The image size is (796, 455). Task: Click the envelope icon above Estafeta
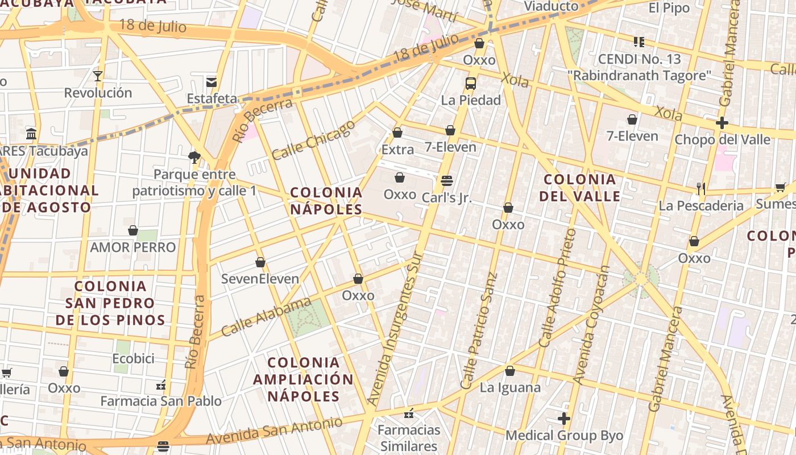[x=212, y=82]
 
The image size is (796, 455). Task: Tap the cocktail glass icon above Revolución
[x=98, y=76]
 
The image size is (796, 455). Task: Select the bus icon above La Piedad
[x=470, y=84]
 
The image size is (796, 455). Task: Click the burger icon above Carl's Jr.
[x=447, y=181]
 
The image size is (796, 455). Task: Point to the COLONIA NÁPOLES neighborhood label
[x=326, y=201]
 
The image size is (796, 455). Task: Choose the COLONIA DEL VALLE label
[x=579, y=188]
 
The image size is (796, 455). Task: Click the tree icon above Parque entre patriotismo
[x=194, y=157]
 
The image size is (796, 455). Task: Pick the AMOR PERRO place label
[x=133, y=247]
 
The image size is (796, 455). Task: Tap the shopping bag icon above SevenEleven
[x=260, y=262]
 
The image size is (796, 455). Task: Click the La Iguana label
[x=510, y=388]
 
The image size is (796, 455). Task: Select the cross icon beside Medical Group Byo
[x=564, y=419]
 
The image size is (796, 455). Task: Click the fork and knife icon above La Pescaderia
[x=701, y=188]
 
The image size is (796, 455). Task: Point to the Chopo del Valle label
[x=722, y=139]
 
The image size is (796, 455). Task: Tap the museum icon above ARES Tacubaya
[x=31, y=134]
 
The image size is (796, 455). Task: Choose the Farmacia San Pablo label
[x=161, y=401]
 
